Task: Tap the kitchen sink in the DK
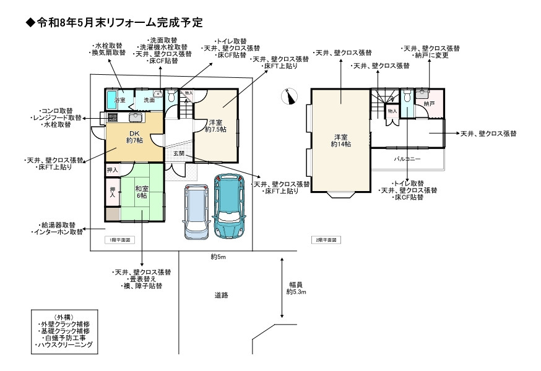136,117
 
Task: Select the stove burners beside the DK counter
113,117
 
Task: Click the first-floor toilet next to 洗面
171,95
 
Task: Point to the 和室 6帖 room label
142,192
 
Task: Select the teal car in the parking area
228,207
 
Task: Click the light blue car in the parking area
197,213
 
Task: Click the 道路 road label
222,295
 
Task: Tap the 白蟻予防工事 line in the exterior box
64,338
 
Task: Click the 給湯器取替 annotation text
58,225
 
